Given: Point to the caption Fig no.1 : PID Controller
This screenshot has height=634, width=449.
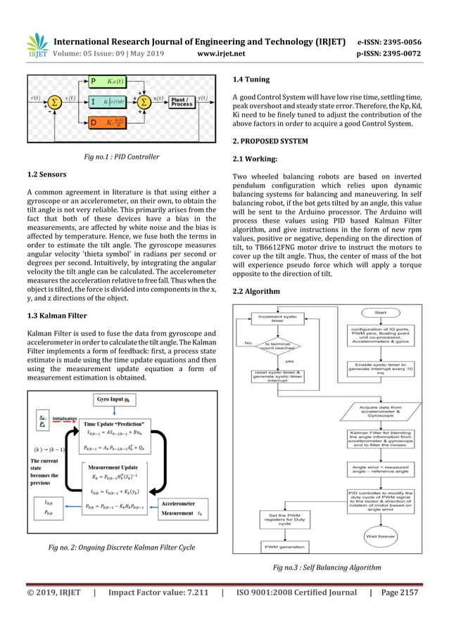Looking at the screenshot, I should coord(122,157).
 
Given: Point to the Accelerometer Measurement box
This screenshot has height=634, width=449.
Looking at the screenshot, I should coord(181,508).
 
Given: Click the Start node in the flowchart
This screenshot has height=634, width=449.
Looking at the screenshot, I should coord(380,311).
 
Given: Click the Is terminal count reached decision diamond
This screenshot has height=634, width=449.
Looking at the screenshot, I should coord(282,347).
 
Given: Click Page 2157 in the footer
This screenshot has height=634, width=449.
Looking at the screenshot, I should coord(398,593).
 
